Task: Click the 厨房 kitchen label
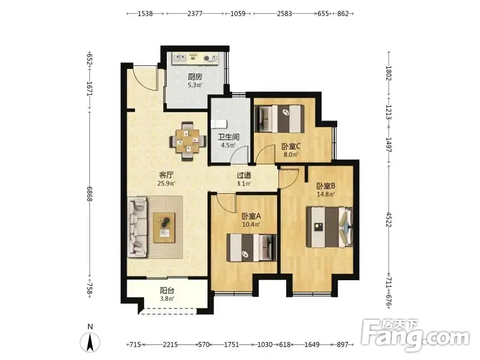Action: pos(194,77)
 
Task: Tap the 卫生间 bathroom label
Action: pos(229,137)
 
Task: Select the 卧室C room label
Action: pos(291,146)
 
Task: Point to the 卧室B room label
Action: pos(326,186)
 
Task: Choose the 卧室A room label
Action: pos(251,216)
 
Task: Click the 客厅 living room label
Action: pos(166,175)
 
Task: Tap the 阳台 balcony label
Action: pos(167,290)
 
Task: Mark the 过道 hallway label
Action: pos(244,175)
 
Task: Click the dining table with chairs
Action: pos(188,141)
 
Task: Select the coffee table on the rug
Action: pos(164,228)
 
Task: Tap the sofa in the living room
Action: pos(137,227)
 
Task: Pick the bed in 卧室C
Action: pos(279,119)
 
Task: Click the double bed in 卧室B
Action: pos(329,227)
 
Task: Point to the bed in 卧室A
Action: pos(251,248)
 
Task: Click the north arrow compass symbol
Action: pos(90,340)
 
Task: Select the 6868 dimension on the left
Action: pos(89,194)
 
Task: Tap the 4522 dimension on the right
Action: pos(388,220)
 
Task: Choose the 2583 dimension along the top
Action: pos(284,13)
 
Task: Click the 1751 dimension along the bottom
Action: pos(232,344)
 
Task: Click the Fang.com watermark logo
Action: pos(415,335)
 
